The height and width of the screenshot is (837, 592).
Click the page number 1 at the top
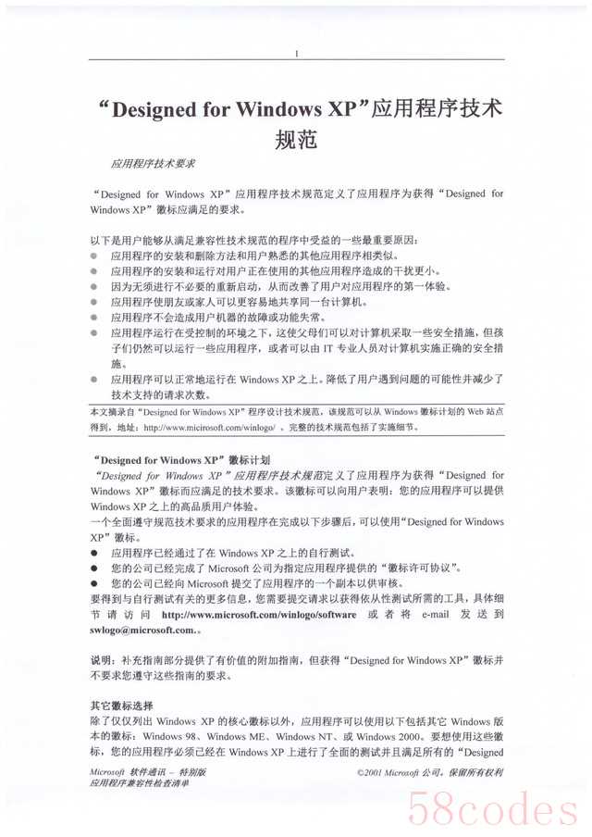click(296, 54)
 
